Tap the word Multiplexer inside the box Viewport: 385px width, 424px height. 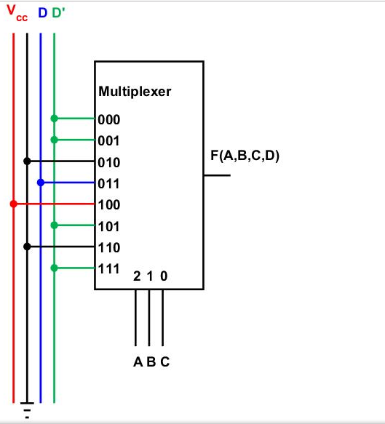[x=135, y=92]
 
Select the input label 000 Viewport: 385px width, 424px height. [x=109, y=119]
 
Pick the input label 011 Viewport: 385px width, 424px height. [x=109, y=183]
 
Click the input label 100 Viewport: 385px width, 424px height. [x=109, y=205]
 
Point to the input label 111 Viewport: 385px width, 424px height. [x=109, y=269]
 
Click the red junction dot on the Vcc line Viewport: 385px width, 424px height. [x=13, y=204]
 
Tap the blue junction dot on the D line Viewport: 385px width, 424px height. [x=41, y=183]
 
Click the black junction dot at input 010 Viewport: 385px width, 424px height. [x=27, y=161]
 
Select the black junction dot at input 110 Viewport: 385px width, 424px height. [x=27, y=247]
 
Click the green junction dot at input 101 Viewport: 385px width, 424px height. [x=54, y=225]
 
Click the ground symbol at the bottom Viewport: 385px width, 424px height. [x=27, y=411]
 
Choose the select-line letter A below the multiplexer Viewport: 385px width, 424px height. [x=137, y=361]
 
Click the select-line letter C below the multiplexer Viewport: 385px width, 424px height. [x=165, y=361]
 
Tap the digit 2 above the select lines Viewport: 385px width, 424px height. [x=138, y=276]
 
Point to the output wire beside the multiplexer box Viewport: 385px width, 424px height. [x=217, y=175]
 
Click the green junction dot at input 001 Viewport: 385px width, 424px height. [x=54, y=140]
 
